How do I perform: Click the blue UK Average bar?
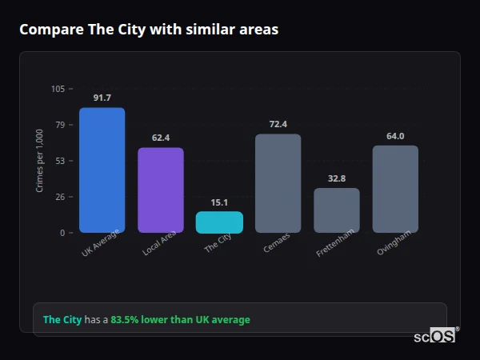point(102,170)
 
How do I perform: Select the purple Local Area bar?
point(161,190)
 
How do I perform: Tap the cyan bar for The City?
point(219,222)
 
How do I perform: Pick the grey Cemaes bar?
point(278,183)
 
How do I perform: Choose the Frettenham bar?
point(337,210)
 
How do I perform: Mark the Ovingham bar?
point(395,189)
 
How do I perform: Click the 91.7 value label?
point(102,98)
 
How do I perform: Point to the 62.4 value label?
point(161,138)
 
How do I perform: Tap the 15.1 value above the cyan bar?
point(219,202)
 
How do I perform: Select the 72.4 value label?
point(278,124)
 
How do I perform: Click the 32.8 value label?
point(337,178)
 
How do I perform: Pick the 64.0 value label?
point(395,136)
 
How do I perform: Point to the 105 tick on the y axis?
point(58,89)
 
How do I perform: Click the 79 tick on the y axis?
point(60,125)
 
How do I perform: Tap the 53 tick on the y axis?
point(60,161)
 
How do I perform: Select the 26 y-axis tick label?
point(60,197)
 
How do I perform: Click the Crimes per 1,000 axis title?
point(40,161)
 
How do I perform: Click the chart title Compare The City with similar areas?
point(149,30)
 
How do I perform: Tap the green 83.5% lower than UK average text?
point(180,319)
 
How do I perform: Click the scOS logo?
point(435,336)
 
